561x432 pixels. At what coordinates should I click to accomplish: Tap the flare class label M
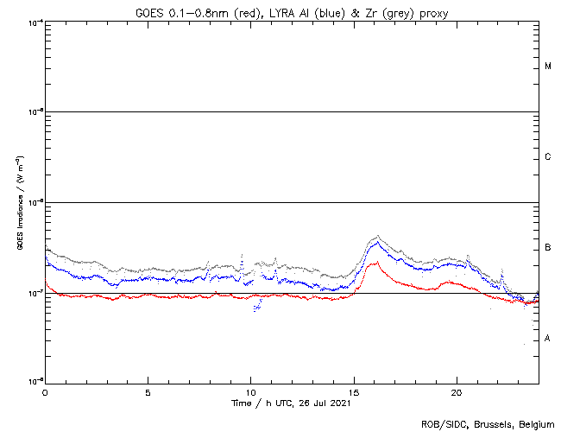[548, 66]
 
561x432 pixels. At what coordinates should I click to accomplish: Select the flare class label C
[548, 156]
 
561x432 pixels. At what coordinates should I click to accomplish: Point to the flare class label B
[548, 248]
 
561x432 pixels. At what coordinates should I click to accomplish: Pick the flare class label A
[548, 339]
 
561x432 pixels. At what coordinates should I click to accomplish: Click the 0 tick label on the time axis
[45, 391]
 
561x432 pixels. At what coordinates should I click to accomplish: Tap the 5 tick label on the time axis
[148, 391]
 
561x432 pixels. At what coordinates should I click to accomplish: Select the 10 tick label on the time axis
[250, 391]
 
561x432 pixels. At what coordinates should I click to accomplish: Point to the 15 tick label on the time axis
[354, 391]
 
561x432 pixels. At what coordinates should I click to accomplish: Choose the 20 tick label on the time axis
[457, 391]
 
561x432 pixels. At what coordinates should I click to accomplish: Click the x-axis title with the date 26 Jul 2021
[291, 403]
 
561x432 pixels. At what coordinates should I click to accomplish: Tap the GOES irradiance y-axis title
[19, 202]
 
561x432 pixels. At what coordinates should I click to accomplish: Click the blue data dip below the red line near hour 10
[255, 308]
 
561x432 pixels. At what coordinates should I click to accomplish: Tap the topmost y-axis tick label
[34, 22]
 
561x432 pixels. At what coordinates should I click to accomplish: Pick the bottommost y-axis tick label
[34, 380]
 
